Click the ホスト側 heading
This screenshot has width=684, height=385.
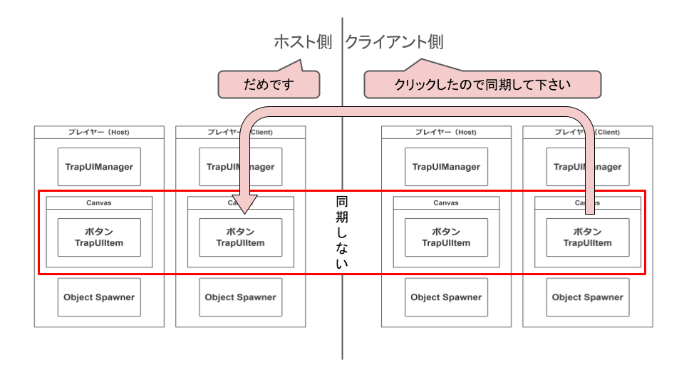coord(303,42)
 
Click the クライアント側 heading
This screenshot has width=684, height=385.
coord(394,42)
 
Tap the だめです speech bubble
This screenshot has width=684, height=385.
coord(269,84)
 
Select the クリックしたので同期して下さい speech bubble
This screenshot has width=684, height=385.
coord(482,84)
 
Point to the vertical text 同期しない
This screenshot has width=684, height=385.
coord(342,232)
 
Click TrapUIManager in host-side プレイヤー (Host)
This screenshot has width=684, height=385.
coord(99,167)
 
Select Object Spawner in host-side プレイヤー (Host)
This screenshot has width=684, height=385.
coord(99,297)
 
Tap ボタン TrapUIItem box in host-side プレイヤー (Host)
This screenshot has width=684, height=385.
coord(99,237)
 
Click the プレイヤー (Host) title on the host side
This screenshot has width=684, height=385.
coord(99,133)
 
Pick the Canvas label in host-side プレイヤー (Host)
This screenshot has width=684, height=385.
coord(99,202)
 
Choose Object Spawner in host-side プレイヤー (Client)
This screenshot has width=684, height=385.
coord(240,297)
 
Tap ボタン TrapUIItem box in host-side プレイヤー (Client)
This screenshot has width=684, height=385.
coord(240,237)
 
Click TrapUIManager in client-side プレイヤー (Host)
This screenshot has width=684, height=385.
coord(446,167)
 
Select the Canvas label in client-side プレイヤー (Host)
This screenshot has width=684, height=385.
coord(446,202)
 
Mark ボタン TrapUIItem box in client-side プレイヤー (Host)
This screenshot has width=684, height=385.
coord(446,237)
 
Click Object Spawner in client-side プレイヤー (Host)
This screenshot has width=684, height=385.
coord(446,297)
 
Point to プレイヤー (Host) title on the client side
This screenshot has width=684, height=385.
coord(446,133)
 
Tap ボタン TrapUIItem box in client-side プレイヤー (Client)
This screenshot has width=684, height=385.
coord(587,237)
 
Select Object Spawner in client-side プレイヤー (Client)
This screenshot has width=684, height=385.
coord(587,297)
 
